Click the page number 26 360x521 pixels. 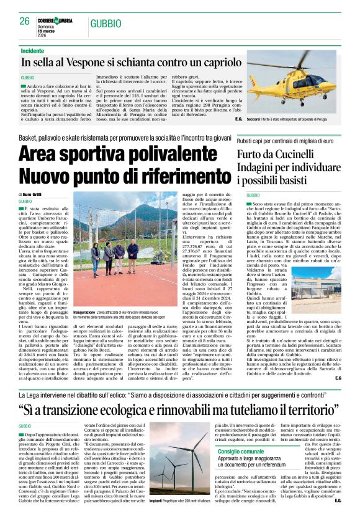(24, 21)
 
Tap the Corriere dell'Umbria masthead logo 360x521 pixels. (57, 20)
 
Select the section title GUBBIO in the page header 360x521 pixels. (106, 23)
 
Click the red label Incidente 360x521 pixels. (32, 51)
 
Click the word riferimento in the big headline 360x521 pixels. (167, 176)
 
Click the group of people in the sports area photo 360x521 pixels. (115, 251)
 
